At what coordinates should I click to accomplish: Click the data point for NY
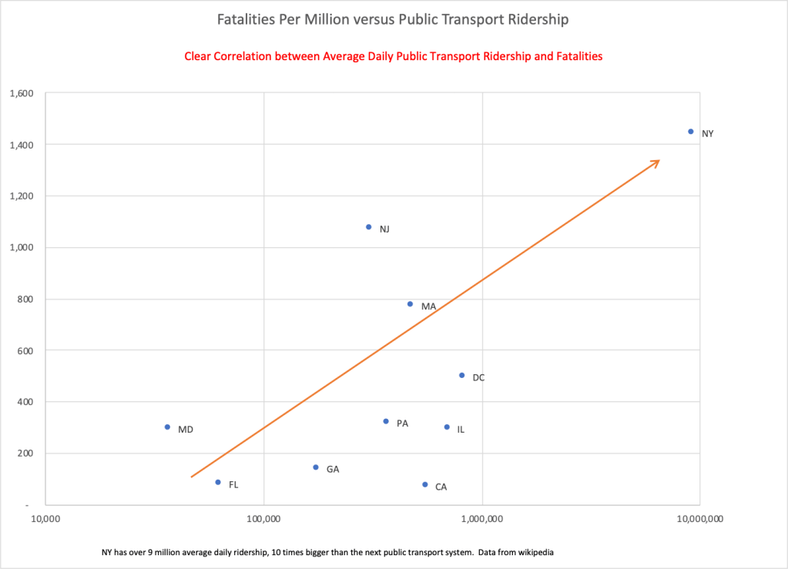(691, 132)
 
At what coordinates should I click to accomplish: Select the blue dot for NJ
(369, 227)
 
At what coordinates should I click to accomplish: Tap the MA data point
(410, 304)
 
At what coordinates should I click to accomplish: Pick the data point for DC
(462, 376)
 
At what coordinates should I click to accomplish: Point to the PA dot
(386, 421)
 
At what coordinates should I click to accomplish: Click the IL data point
(447, 427)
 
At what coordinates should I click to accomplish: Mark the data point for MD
(167, 427)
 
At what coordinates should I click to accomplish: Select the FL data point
(218, 483)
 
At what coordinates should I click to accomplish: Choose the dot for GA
(316, 467)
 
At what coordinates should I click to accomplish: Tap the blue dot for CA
(425, 485)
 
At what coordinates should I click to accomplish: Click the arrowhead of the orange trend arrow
(657, 162)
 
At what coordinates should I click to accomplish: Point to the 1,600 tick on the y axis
(22, 93)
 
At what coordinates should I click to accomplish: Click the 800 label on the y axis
(27, 299)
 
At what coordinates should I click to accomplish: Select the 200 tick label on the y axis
(27, 453)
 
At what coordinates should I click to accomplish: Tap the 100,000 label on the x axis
(263, 520)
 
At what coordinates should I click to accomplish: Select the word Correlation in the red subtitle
(242, 57)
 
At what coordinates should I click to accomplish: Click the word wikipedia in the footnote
(532, 552)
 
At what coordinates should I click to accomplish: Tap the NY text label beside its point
(707, 134)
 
